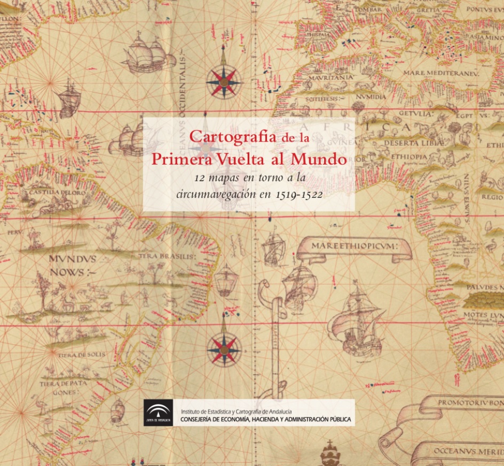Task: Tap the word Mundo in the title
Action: (x=318, y=159)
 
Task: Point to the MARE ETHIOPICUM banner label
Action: (x=355, y=247)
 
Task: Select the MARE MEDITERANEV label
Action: (x=441, y=72)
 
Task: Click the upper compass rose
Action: (x=224, y=83)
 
